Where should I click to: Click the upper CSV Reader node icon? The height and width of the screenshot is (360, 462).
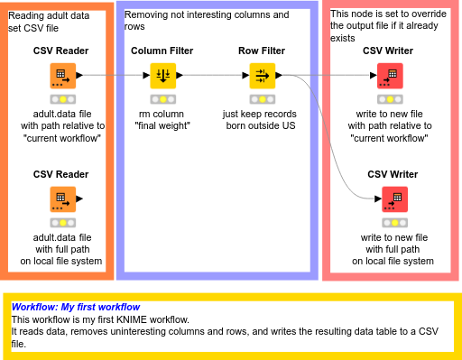pos(61,76)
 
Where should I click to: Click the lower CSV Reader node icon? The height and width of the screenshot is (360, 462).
pos(61,198)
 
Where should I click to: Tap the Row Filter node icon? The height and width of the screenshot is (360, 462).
pos(262,76)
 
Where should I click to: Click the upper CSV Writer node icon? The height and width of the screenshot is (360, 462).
pos(388,76)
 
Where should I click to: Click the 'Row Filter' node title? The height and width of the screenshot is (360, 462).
pos(262,51)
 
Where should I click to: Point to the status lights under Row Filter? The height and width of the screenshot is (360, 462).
pos(262,98)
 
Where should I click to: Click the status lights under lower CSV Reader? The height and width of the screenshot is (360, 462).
pos(61,222)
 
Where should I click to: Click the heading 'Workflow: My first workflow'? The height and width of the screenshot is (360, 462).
pos(76,308)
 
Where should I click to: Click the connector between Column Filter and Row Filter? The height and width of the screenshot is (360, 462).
pos(212,76)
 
